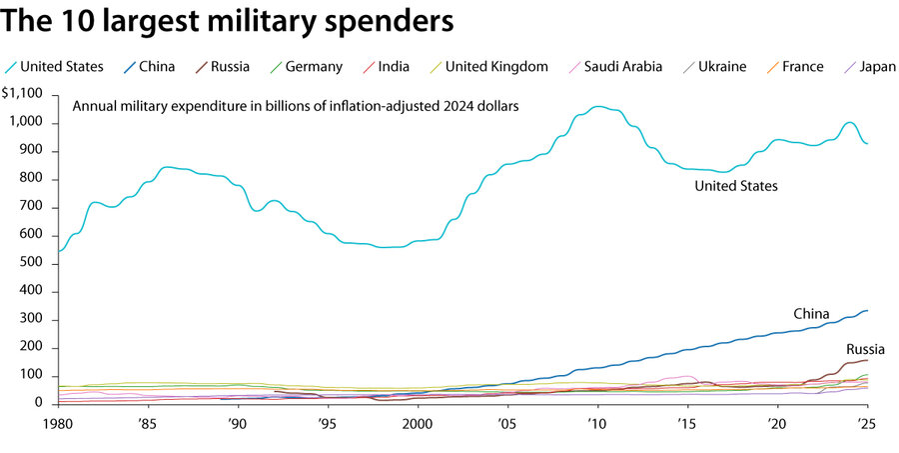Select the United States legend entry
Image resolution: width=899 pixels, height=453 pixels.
62,67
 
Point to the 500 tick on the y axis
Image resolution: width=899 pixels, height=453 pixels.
30,264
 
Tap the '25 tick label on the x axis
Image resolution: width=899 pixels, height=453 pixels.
867,422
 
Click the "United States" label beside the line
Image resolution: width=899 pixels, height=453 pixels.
736,186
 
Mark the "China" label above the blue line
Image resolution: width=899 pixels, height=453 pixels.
811,314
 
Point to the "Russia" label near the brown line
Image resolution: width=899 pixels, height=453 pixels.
865,349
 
